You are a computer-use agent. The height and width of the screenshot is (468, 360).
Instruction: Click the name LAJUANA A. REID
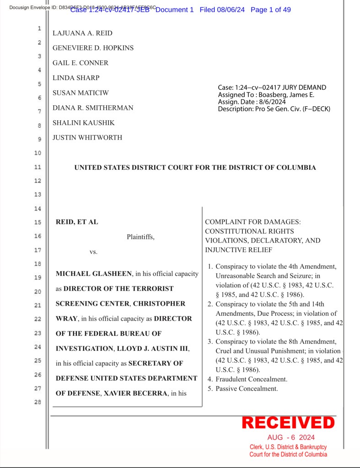pyautogui.click(x=82, y=33)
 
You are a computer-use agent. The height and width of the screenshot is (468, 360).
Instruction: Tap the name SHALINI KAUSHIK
pyautogui.click(x=83, y=123)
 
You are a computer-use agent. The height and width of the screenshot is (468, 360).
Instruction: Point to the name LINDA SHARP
pyautogui.click(x=76, y=78)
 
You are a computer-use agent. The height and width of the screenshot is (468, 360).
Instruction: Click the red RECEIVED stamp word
pyautogui.click(x=288, y=422)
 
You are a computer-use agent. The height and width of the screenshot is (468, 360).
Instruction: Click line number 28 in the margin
pyautogui.click(x=38, y=402)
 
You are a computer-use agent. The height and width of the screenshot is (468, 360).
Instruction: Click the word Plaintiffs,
pyautogui.click(x=140, y=237)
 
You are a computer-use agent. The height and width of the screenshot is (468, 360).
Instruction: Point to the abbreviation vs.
pyautogui.click(x=93, y=252)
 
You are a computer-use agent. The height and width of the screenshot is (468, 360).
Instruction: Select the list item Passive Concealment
pyautogui.click(x=246, y=388)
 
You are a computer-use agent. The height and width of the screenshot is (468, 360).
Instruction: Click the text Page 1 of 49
pyautogui.click(x=270, y=10)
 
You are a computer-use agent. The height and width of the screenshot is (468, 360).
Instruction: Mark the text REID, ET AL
pyautogui.click(x=77, y=222)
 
